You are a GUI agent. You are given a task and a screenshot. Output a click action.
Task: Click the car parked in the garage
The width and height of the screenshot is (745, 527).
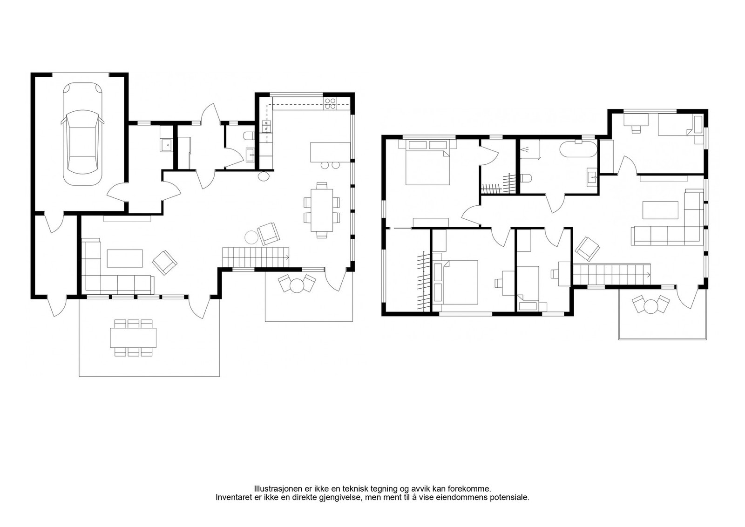(x=82, y=134)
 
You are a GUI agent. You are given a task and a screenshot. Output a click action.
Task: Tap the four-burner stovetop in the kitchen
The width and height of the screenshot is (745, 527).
(x=330, y=103)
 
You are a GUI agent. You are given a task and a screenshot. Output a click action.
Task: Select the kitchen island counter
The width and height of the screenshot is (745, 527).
(x=330, y=152)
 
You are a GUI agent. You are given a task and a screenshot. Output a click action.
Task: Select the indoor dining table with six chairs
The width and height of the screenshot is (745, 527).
(x=322, y=210)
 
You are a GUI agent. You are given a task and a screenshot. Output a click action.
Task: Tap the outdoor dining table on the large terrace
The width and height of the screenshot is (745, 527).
(x=133, y=338)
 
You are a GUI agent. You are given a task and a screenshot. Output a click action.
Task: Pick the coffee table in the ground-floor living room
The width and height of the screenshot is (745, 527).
(x=125, y=258)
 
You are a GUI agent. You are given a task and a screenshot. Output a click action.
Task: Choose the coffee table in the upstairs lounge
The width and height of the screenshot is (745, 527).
(x=660, y=210)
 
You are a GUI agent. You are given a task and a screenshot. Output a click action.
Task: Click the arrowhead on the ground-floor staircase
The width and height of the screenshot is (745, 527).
(x=287, y=257)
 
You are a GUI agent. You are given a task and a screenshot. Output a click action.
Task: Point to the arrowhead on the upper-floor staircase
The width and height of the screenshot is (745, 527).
(x=649, y=275)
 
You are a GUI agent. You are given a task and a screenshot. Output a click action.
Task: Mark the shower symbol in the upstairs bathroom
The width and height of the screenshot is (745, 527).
(x=526, y=149)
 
